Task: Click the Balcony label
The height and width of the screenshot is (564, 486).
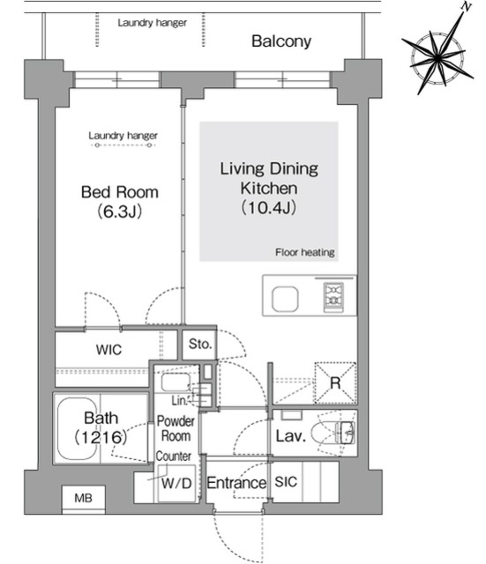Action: coord(281,41)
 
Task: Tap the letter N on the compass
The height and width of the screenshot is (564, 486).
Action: coord(467,6)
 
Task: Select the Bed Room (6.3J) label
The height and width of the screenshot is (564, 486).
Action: coord(120,202)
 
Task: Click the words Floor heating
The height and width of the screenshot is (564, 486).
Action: coord(305,252)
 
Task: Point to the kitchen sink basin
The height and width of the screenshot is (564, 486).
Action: coord(285,299)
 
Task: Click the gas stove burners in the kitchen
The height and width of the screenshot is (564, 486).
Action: coord(333,297)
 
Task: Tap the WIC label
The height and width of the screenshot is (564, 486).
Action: coord(108,350)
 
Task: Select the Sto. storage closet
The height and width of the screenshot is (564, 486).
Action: coord(199,345)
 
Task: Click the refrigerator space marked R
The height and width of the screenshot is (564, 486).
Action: coord(335,382)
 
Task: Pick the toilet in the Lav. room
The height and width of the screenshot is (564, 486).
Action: coord(333,433)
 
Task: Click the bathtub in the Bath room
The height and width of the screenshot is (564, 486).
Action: coord(77,428)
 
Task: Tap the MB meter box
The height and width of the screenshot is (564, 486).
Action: coord(83,499)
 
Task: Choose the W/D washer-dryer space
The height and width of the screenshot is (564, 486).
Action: coord(176,484)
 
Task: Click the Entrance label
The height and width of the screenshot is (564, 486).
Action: coord(236,483)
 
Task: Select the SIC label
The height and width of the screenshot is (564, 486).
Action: coord(286,482)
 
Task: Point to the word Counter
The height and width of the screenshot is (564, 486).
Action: coord(173,456)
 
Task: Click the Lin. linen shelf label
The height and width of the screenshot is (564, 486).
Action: coord(179,400)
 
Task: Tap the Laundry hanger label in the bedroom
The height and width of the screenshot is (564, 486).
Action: coord(123,136)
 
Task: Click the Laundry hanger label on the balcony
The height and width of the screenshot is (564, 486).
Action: coord(152,23)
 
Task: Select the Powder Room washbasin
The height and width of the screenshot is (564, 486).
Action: coord(176,382)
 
